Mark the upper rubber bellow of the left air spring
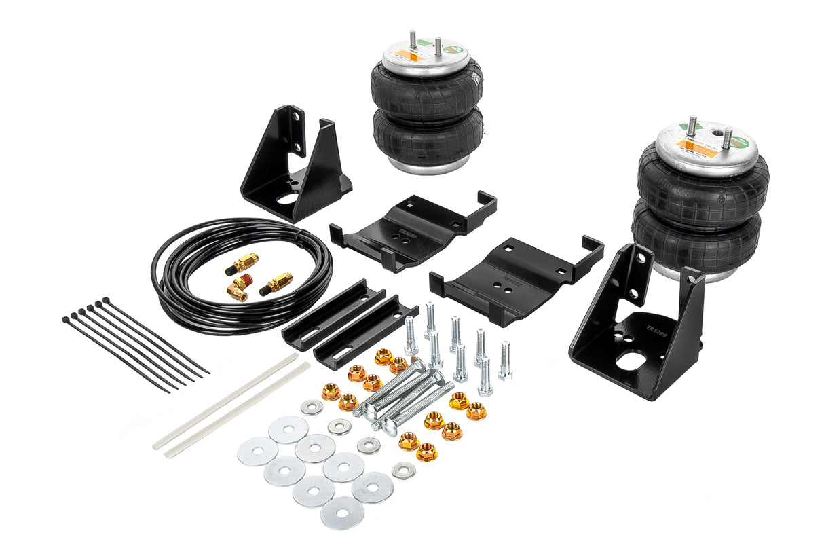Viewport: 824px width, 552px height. click(426, 91)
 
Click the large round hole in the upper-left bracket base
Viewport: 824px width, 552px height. click(287, 199)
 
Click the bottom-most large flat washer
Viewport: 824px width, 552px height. click(342, 513)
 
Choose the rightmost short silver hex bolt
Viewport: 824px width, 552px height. click(504, 360)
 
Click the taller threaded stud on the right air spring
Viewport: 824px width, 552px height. click(693, 126)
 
